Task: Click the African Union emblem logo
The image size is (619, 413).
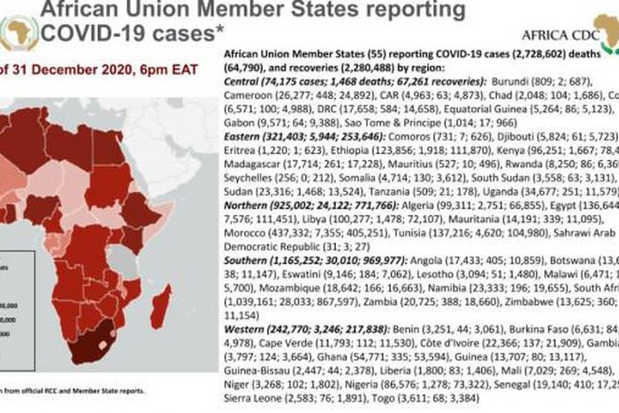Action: click(x=19, y=34)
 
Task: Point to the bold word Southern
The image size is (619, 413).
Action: click(x=242, y=263)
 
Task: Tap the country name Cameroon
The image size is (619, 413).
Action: click(x=244, y=96)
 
